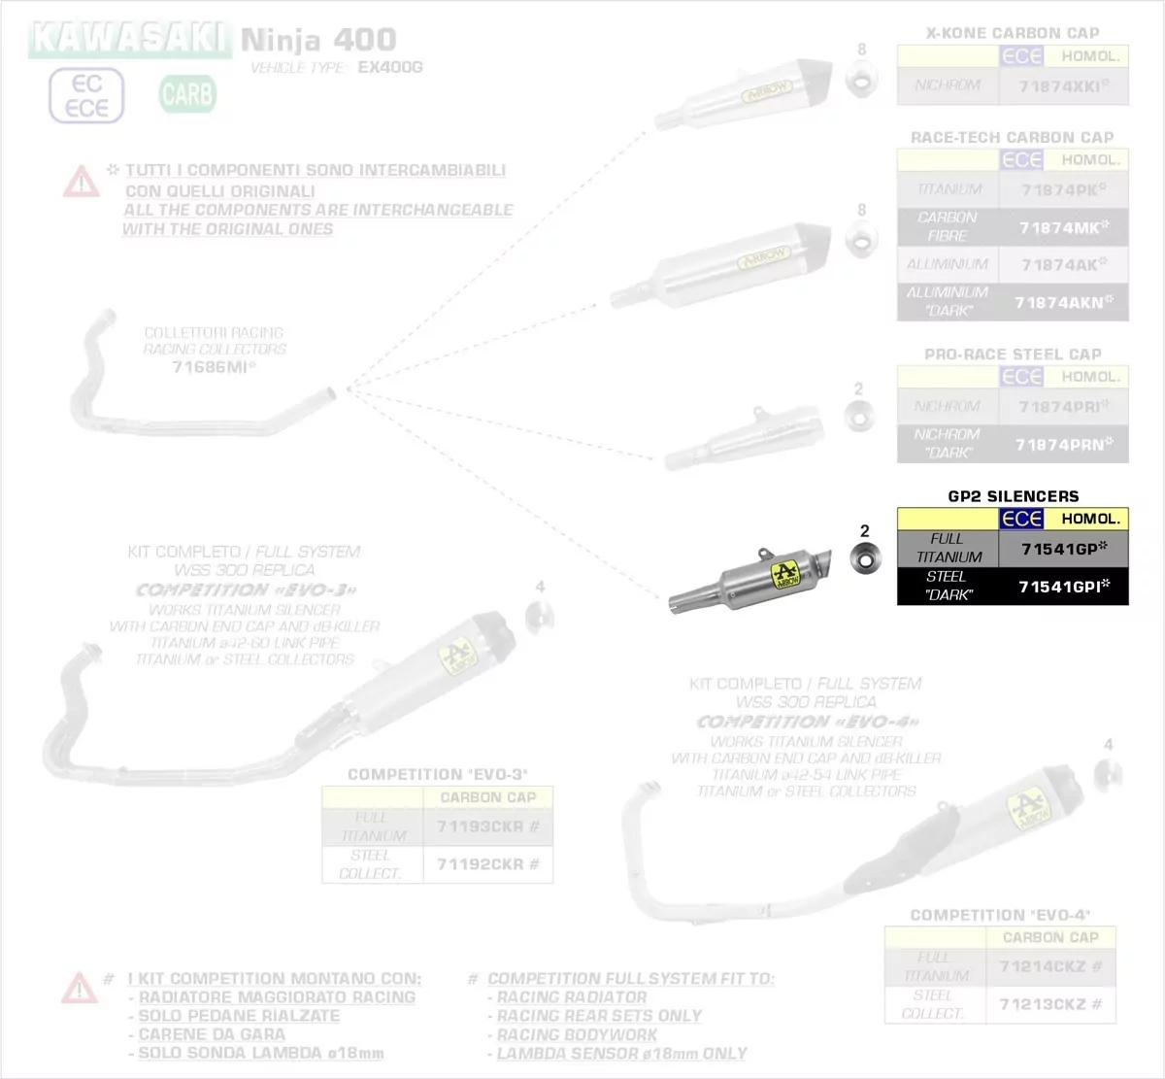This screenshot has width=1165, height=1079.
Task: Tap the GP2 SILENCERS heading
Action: pos(1013,496)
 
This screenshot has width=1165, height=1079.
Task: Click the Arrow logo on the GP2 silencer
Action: pos(785,573)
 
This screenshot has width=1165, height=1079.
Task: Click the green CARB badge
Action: pos(187,94)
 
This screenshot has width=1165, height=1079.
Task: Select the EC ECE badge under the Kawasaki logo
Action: pos(86,95)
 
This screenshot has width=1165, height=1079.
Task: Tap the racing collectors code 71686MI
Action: pos(214,367)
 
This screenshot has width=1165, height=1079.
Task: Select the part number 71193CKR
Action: pos(487,826)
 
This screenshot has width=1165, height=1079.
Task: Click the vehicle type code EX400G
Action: pos(390,68)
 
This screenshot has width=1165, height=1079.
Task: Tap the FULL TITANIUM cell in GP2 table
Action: pos(948,548)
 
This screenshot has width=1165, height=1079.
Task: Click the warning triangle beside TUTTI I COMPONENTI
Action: pos(81,181)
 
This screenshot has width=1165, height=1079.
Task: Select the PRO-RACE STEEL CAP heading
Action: pos(1013,354)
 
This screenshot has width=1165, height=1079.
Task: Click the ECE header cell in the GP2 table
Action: pos(1021,519)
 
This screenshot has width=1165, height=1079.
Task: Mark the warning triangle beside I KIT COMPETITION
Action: pos(79,988)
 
